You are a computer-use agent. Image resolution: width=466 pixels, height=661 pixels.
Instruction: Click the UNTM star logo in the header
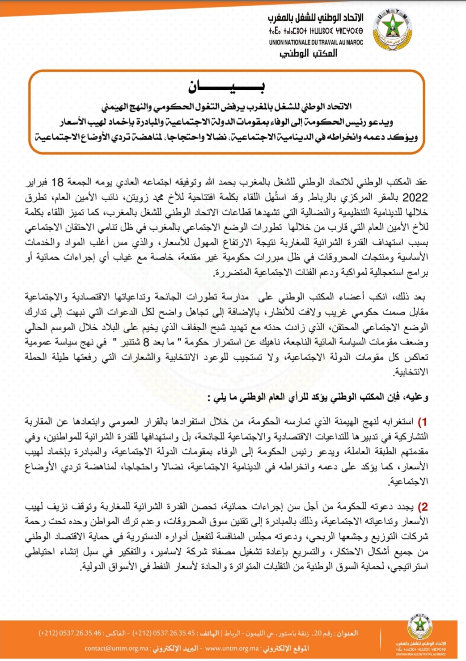392,30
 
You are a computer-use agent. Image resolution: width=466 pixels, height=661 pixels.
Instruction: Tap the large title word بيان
226,87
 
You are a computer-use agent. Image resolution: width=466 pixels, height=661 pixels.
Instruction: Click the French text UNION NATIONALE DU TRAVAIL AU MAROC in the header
316,42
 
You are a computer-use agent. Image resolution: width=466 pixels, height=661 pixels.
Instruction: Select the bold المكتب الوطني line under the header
308,54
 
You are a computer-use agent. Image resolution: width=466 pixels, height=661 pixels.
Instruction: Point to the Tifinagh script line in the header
316,31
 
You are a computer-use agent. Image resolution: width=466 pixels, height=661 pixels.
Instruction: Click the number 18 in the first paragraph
58,182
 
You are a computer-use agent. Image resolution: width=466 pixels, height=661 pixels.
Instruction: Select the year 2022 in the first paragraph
415,198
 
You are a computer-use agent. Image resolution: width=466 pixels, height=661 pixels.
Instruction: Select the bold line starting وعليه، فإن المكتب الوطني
318,397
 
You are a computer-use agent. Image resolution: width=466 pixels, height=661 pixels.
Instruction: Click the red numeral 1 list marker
423,421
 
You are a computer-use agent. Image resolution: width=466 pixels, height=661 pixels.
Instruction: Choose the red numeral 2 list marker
423,507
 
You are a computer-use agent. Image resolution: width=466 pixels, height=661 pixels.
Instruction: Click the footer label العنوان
347,633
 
